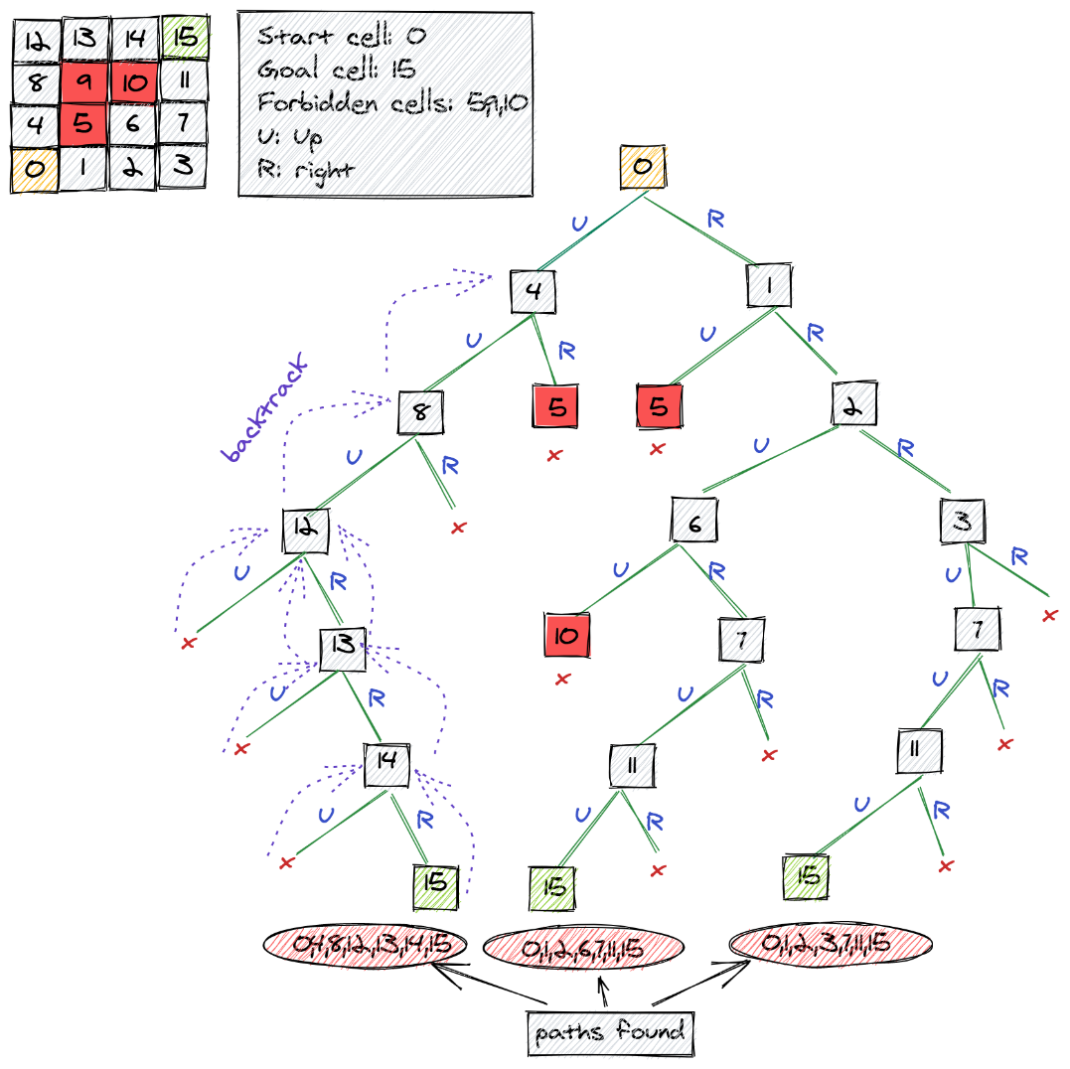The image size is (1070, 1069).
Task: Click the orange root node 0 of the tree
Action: click(643, 167)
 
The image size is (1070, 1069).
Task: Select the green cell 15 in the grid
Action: click(185, 39)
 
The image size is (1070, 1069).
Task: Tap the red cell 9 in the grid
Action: click(85, 82)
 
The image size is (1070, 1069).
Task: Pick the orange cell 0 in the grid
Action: click(36, 168)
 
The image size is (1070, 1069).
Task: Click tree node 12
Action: click(305, 531)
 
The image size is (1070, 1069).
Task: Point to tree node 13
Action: click(343, 647)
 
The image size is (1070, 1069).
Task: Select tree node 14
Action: click(387, 763)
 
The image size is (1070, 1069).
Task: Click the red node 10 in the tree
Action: click(567, 635)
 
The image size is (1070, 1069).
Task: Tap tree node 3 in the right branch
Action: click(963, 522)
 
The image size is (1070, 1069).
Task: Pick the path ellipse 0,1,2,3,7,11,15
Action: click(831, 943)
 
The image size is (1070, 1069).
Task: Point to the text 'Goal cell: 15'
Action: click(336, 70)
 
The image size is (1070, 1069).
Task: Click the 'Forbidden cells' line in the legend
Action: click(391, 102)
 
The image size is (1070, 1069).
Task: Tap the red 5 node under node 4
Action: click(555, 407)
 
